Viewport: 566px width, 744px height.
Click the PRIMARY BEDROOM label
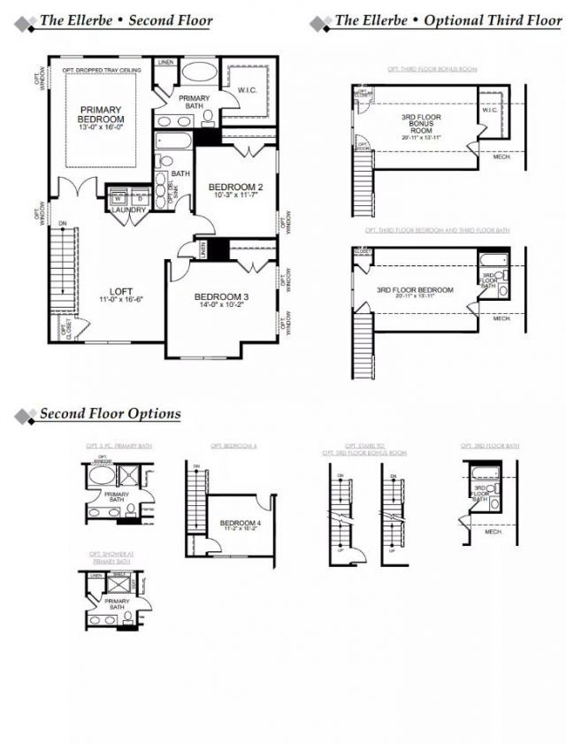(99, 113)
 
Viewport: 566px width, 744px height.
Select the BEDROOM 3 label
(224, 296)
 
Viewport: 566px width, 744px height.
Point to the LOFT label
(121, 290)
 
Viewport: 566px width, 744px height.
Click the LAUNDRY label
(129, 211)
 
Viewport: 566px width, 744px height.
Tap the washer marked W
(117, 198)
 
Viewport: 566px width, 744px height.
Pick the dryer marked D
(138, 198)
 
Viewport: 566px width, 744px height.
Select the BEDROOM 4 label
(241, 523)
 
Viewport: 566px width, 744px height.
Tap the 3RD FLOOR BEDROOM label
(415, 289)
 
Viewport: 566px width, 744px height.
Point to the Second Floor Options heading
(110, 414)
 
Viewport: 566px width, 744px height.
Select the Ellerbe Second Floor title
(126, 20)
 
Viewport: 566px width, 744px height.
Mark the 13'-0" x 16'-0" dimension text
(99, 127)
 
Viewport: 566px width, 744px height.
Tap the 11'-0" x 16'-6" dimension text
(121, 300)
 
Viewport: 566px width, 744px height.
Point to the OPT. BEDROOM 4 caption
(233, 446)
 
